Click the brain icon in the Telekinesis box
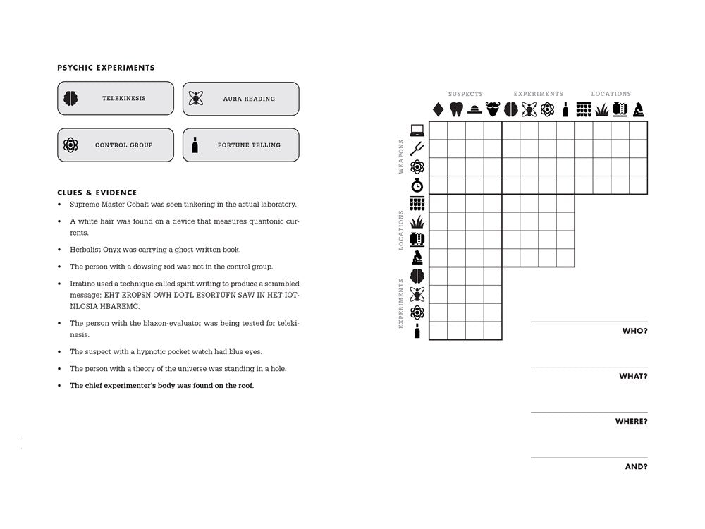[70, 99]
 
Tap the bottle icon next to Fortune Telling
[195, 145]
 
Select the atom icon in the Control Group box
[70, 145]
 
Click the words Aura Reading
[249, 99]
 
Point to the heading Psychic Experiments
[106, 68]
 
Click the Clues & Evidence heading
[97, 193]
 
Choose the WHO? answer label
[634, 331]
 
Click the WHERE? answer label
[631, 421]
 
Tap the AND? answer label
[636, 466]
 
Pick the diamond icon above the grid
[438, 109]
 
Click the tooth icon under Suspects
[456, 109]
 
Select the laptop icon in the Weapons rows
[417, 130]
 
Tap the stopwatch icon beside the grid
[417, 186]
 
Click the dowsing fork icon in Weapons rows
[417, 149]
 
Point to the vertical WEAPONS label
[402, 157]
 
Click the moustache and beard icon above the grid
[493, 109]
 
